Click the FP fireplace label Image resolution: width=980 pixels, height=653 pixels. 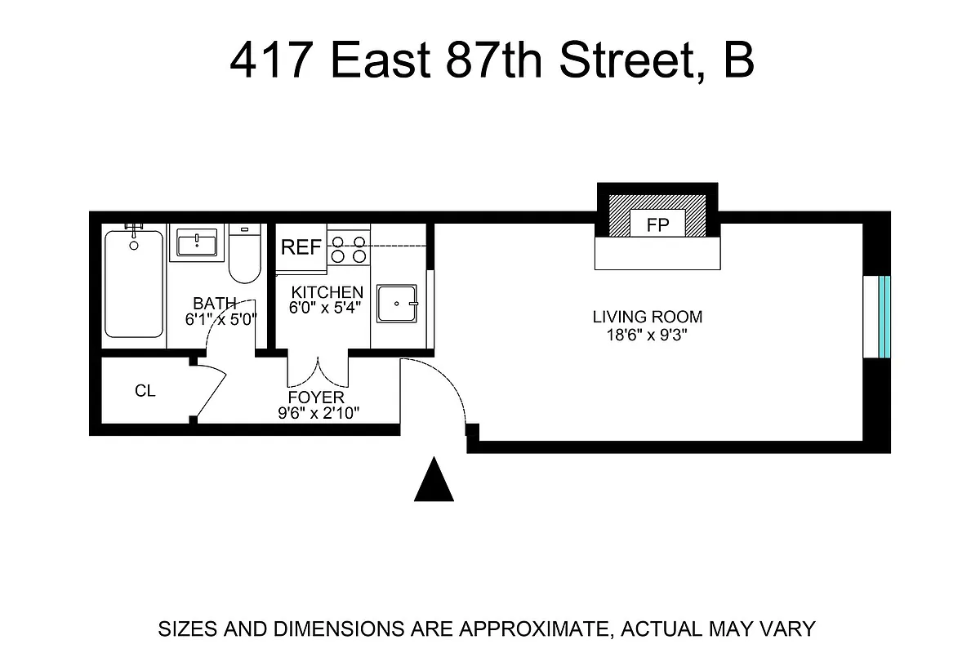click(657, 226)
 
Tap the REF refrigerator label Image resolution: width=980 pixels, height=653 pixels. click(301, 247)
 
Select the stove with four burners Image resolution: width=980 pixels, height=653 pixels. click(348, 248)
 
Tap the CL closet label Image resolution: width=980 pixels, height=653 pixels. click(145, 391)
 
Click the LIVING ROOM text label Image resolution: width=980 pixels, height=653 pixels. click(648, 317)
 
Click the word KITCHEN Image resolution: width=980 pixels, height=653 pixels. click(327, 292)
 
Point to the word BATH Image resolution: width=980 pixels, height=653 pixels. click(215, 304)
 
